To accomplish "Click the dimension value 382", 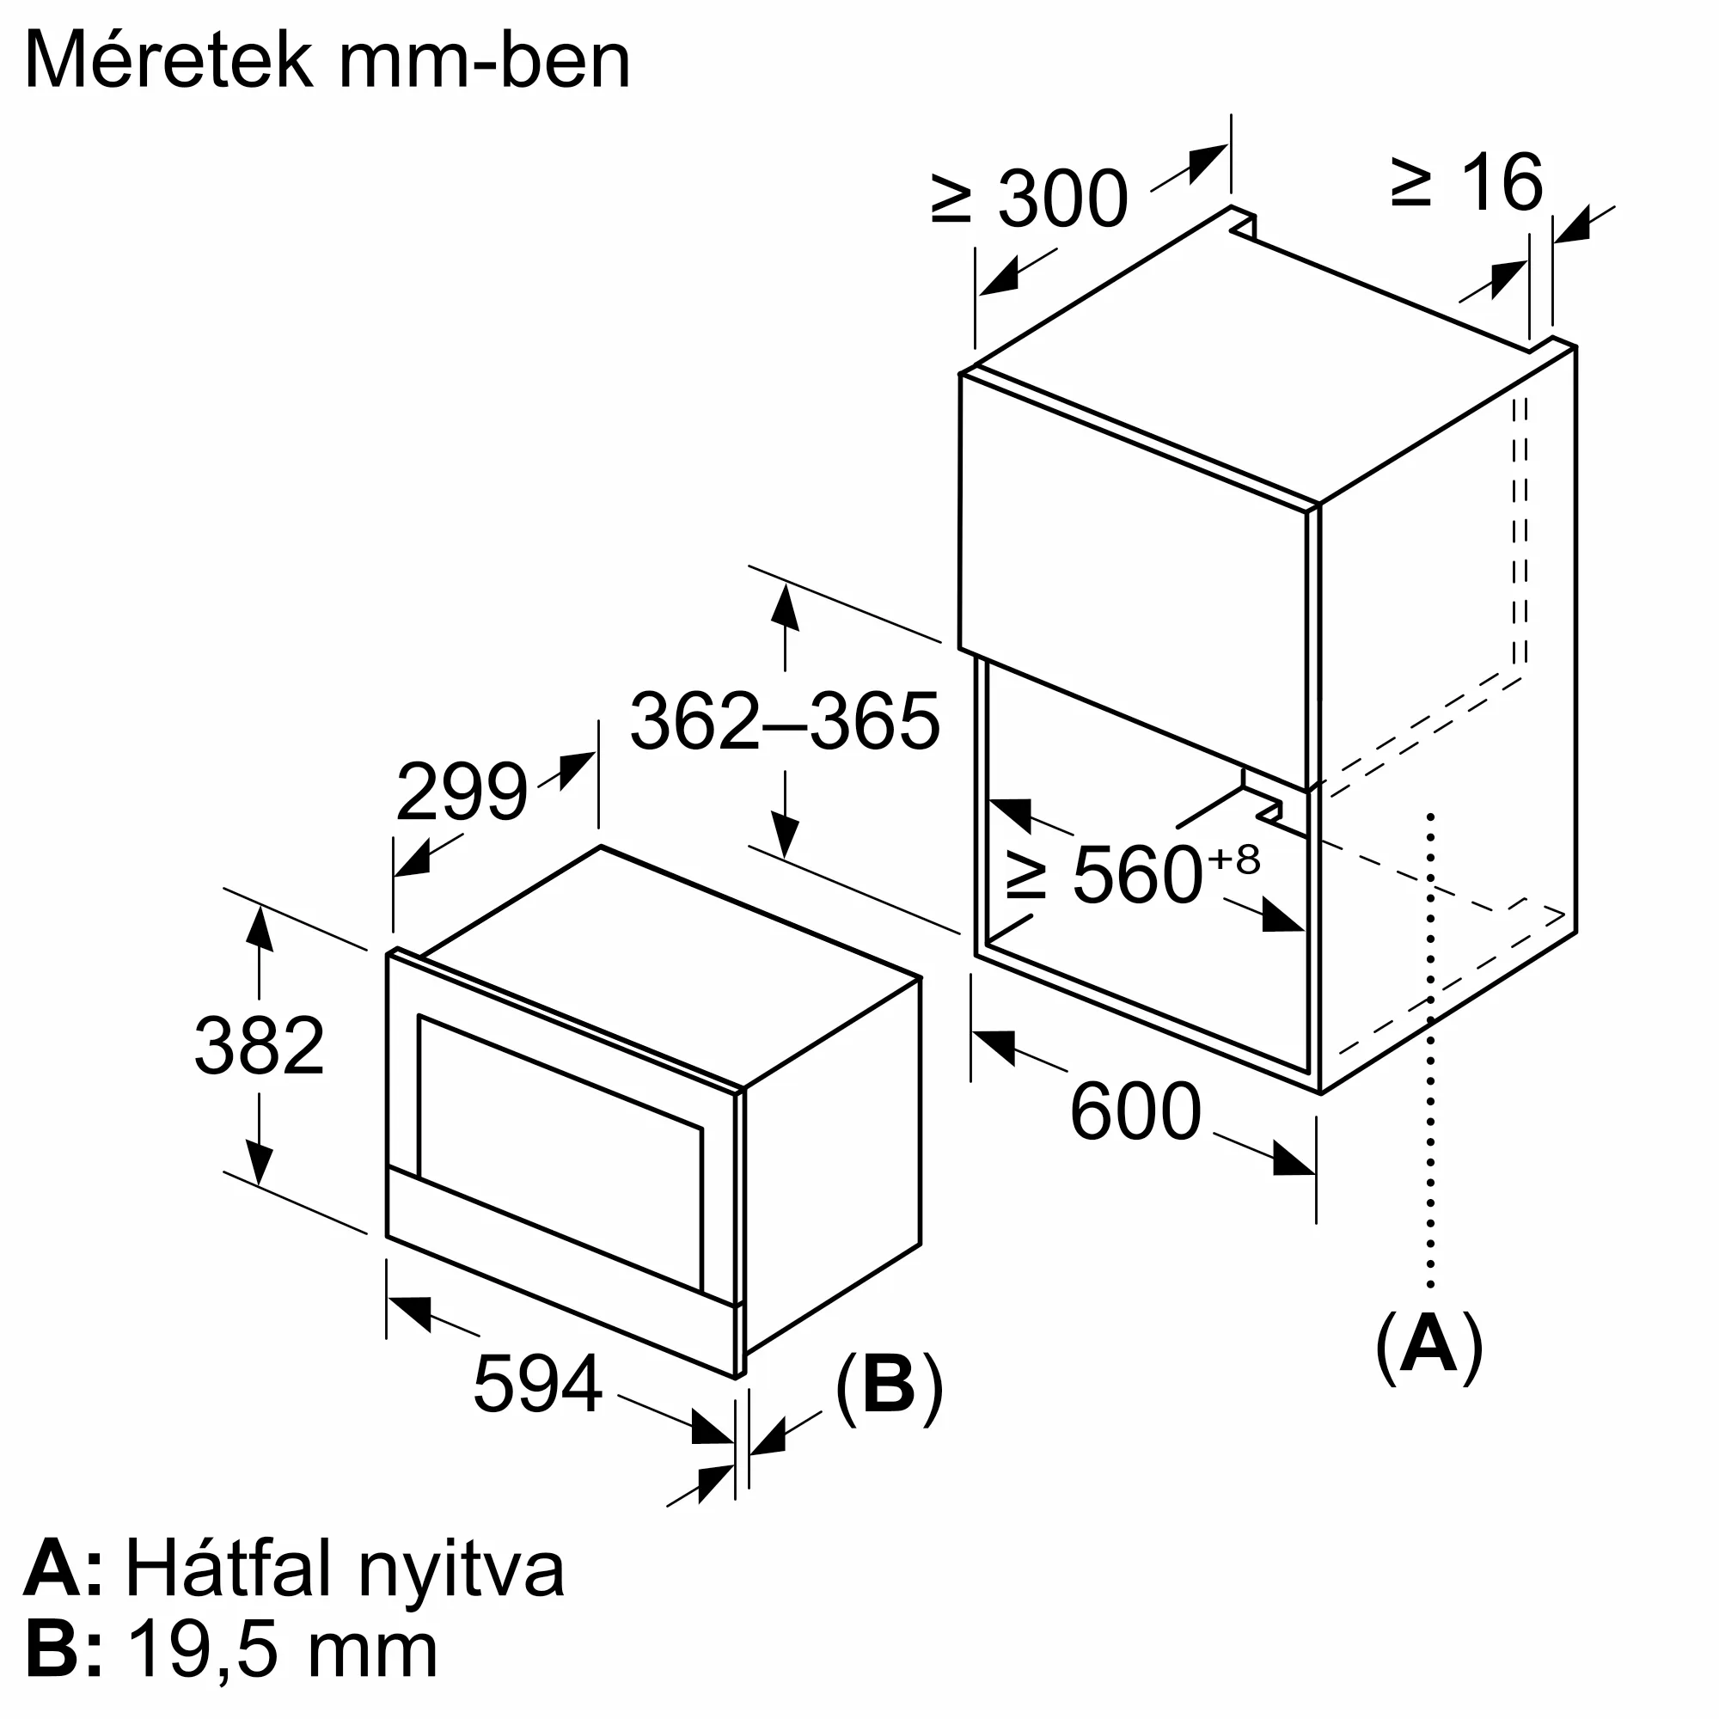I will click(x=259, y=1045).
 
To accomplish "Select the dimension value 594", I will click(x=538, y=1384).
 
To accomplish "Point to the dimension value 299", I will click(x=461, y=791).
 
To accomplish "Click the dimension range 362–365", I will click(x=784, y=722).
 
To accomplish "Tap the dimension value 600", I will click(x=1135, y=1111).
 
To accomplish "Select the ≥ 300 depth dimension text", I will click(x=1030, y=198).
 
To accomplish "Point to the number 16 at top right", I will click(x=1501, y=182).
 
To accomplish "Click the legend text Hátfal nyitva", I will click(x=345, y=1569).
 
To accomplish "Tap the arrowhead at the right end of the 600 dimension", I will click(x=1294, y=1159).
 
